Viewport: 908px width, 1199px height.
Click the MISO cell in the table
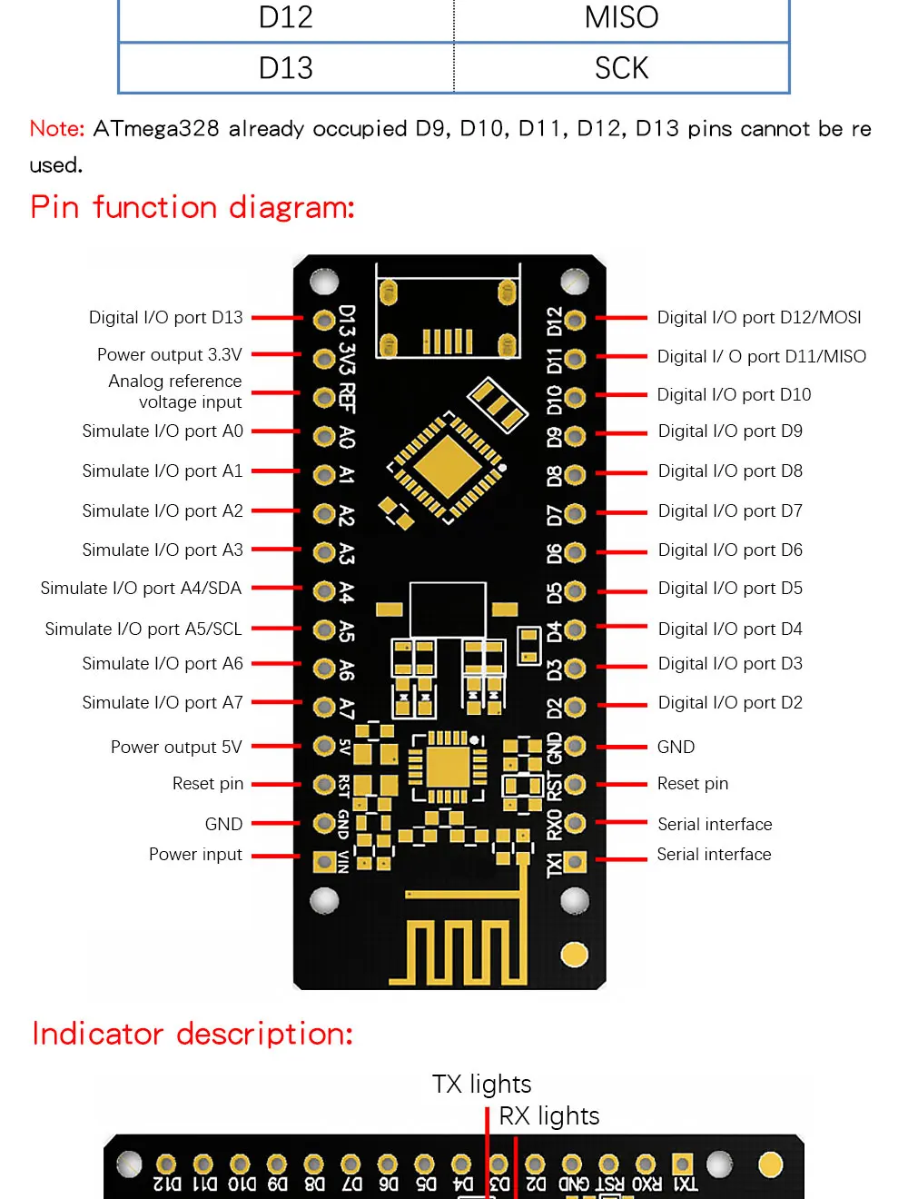(x=621, y=17)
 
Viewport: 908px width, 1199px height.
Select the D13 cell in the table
(x=286, y=68)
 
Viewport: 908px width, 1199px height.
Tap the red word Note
(x=56, y=129)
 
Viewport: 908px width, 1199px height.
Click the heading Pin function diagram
(x=192, y=207)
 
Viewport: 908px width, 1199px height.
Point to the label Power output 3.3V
(x=170, y=354)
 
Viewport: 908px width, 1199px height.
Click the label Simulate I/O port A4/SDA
(x=141, y=589)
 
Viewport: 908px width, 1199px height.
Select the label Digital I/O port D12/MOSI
(x=759, y=318)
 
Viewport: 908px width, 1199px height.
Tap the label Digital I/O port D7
(x=730, y=511)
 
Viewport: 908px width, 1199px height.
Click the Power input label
(x=195, y=855)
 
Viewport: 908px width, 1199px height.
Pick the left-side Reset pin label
(x=208, y=784)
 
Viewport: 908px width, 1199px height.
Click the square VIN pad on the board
(x=324, y=861)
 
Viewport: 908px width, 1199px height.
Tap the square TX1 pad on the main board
(x=575, y=861)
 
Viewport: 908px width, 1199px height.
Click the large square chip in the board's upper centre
(x=446, y=467)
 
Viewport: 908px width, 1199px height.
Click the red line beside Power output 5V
(x=275, y=747)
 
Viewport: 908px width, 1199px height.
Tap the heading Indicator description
(x=192, y=1034)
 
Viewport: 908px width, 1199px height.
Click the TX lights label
(x=482, y=1085)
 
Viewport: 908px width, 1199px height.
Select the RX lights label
(x=549, y=1116)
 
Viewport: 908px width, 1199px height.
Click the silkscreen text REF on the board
(x=347, y=398)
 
